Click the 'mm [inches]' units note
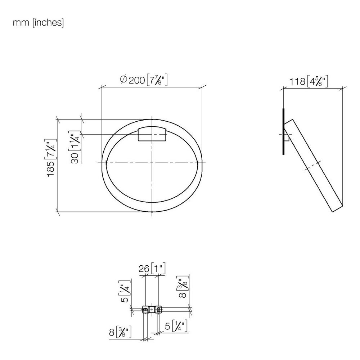[x=39, y=22]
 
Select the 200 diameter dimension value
[x=137, y=80]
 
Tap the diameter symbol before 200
[x=123, y=80]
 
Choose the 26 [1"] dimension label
[x=152, y=268]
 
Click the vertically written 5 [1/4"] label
[x=125, y=291]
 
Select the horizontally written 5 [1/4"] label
[x=176, y=326]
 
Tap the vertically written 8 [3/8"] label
[x=183, y=287]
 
